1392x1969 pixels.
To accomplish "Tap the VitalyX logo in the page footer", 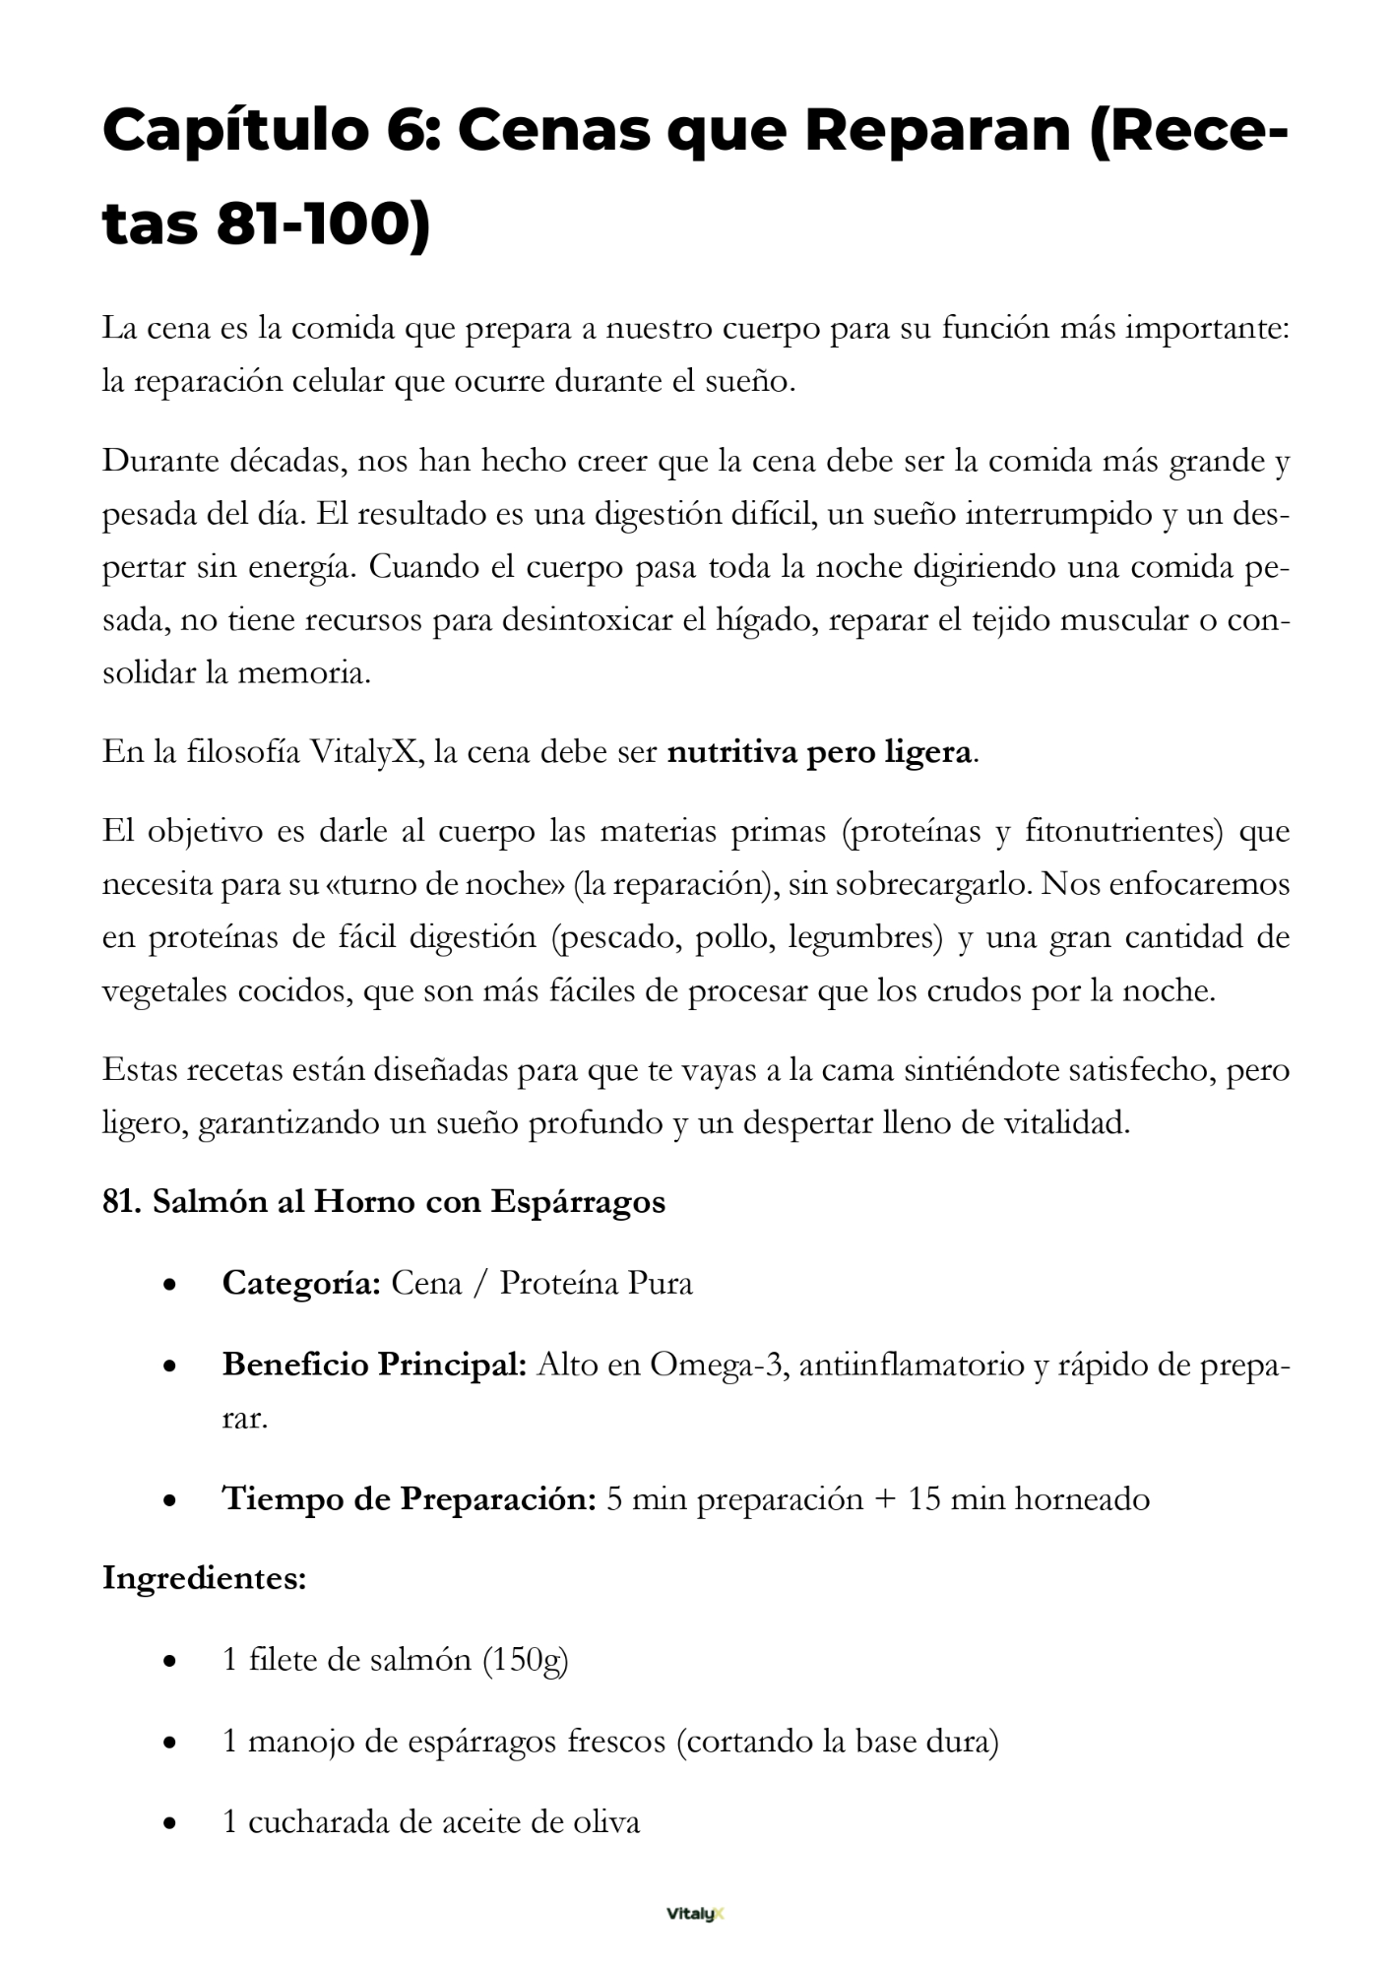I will (695, 1914).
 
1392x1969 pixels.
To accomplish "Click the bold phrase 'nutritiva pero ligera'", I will (819, 752).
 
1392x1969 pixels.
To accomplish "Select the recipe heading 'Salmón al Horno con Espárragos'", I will (409, 1202).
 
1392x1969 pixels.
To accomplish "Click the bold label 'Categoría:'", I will (301, 1283).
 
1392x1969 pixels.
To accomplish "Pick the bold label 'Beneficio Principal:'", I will (375, 1365).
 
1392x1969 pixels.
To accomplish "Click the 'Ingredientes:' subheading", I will (205, 1578).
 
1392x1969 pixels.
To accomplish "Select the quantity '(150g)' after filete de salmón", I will (525, 1660).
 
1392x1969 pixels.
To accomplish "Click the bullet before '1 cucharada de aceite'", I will (171, 1823).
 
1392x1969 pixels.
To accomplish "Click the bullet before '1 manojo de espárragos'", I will (171, 1742).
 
